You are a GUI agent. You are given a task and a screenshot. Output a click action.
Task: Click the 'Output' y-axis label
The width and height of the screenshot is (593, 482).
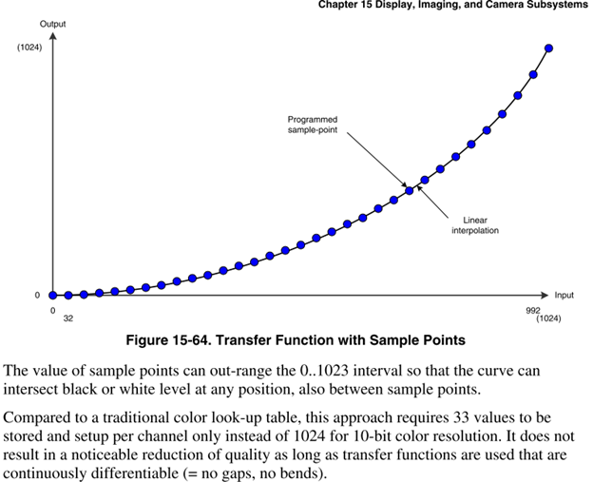pyautogui.click(x=52, y=23)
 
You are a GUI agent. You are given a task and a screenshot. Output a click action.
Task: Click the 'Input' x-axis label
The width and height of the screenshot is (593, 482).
pyautogui.click(x=564, y=295)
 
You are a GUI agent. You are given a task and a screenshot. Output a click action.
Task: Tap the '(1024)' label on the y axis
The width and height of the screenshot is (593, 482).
pyautogui.click(x=29, y=48)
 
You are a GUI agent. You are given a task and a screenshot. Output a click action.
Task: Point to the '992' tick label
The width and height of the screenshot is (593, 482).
pyautogui.click(x=532, y=310)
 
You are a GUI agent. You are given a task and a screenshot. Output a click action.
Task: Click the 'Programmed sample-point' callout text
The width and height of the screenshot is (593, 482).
pyautogui.click(x=313, y=125)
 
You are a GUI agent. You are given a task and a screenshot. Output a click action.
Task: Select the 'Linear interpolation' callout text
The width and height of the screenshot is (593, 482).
pyautogui.click(x=475, y=224)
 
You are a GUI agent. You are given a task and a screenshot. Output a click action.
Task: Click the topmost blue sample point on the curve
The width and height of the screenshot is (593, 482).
pyautogui.click(x=549, y=48)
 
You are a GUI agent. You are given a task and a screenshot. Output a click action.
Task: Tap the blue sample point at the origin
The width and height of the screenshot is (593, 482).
pyautogui.click(x=53, y=296)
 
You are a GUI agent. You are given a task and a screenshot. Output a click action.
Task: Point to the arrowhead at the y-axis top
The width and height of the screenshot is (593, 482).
pyautogui.click(x=53, y=36)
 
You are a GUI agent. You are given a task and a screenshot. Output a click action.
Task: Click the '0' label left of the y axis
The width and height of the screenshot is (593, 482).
pyautogui.click(x=37, y=295)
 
